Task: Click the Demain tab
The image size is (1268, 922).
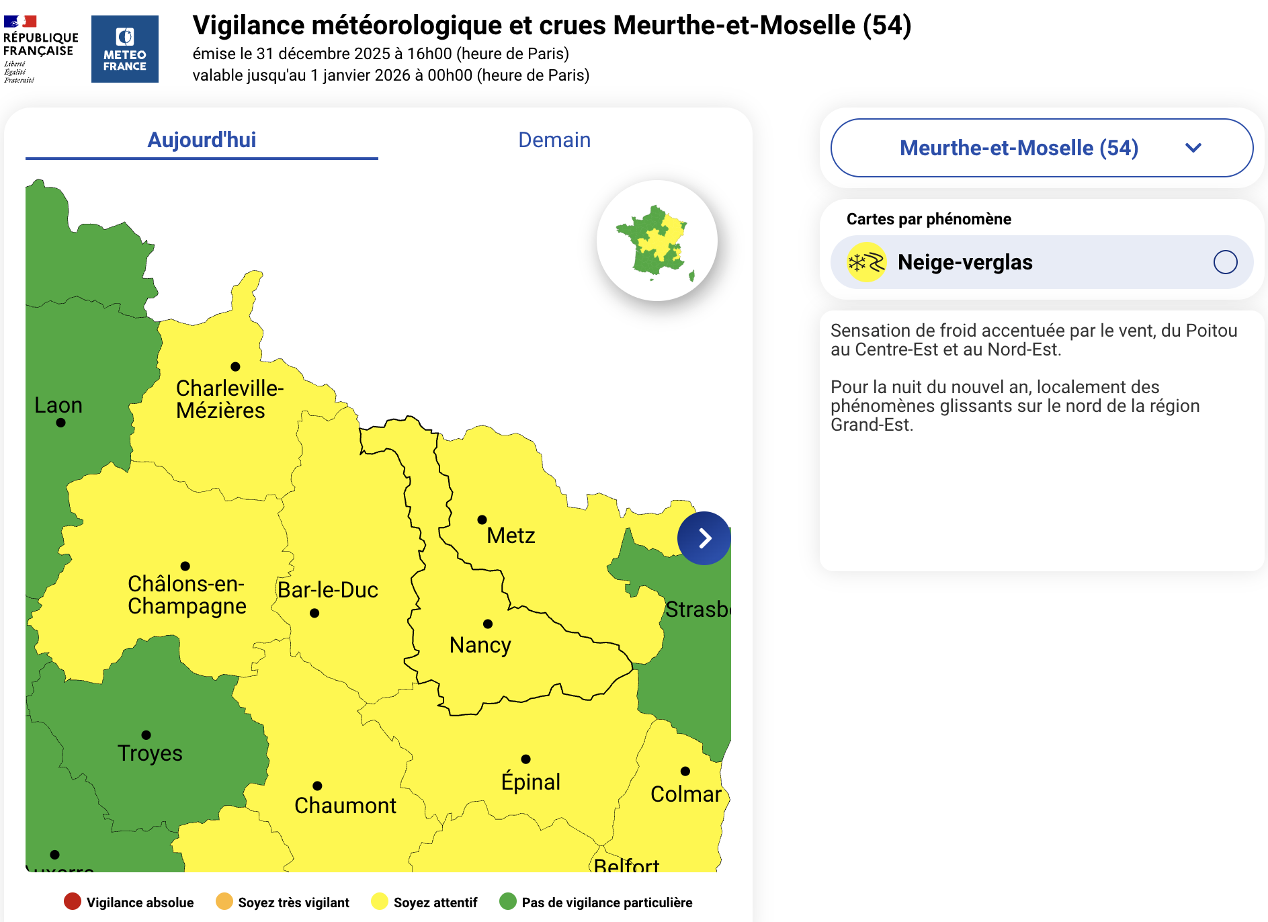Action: pos(554,140)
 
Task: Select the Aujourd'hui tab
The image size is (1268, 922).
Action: pos(202,140)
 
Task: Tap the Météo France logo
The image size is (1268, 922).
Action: pos(125,49)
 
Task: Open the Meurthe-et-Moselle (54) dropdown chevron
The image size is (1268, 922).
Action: pos(1193,148)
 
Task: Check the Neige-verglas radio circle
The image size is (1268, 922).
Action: pos(1225,262)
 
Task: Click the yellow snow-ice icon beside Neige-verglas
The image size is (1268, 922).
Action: pos(866,262)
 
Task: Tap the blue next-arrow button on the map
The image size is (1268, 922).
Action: pos(704,538)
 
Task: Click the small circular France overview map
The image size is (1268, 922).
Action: pos(657,241)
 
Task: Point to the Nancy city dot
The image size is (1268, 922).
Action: pos(488,624)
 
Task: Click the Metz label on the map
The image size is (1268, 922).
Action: pos(511,536)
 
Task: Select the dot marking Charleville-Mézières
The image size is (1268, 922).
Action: pos(235,366)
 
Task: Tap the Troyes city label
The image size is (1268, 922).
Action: pos(150,753)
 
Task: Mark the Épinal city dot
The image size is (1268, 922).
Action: pos(526,759)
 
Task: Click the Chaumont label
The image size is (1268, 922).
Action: pos(345,806)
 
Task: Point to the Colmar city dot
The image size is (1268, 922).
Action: pos(685,771)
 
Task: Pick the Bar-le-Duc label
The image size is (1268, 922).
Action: pos(328,590)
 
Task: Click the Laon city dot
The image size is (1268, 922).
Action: pos(60,423)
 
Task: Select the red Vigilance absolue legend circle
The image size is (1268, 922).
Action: pos(73,902)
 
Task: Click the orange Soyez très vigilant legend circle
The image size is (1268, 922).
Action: pos(224,902)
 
